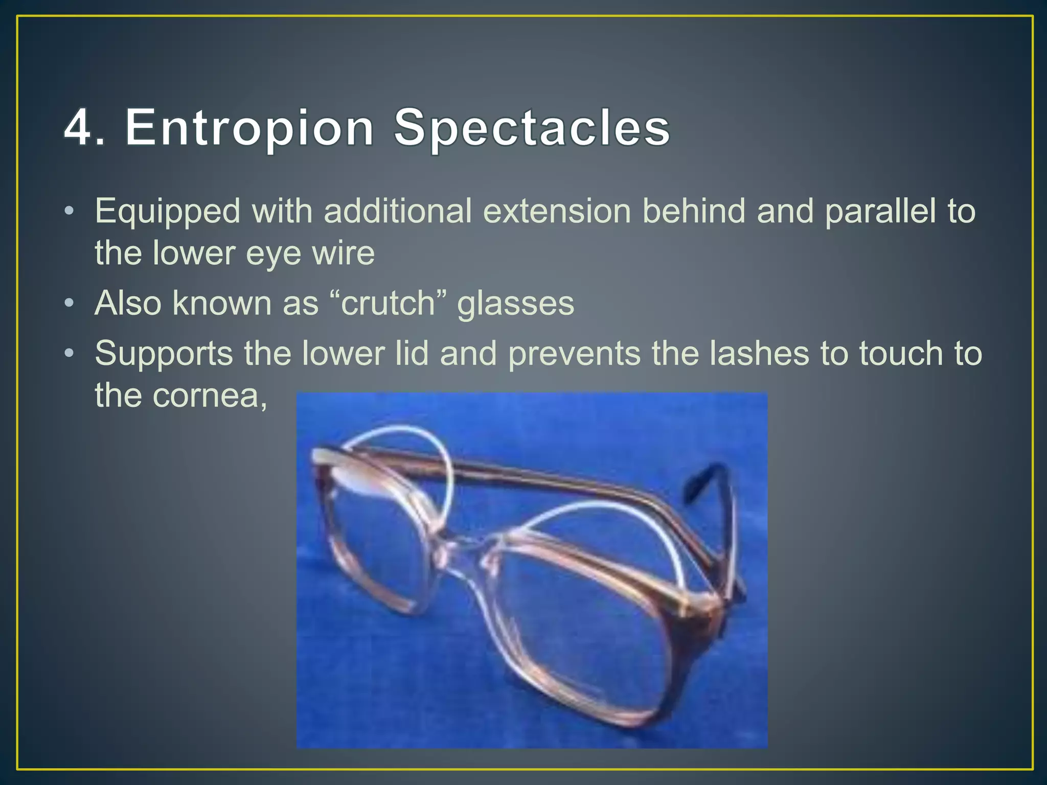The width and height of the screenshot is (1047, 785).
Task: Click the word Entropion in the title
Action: (249, 128)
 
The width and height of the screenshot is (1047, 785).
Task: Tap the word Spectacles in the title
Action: (532, 128)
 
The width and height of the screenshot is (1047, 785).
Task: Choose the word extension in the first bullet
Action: (557, 211)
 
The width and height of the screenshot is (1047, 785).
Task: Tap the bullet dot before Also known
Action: (70, 304)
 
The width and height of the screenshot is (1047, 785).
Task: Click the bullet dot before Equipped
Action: (70, 211)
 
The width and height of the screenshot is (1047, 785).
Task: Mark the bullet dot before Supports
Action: (70, 353)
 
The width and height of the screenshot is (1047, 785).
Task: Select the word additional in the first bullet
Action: (398, 211)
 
